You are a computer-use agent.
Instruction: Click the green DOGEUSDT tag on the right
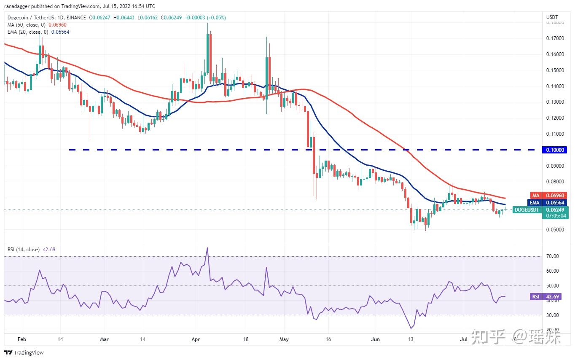click(527, 210)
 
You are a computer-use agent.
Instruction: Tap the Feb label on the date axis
click(22, 339)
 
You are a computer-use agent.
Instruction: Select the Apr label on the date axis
click(195, 339)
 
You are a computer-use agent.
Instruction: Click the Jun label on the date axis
click(376, 339)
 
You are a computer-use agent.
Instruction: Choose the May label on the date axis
click(284, 339)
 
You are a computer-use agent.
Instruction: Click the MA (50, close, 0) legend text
click(25, 25)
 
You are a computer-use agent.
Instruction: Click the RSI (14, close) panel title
click(24, 250)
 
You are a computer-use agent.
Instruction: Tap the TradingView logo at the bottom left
click(24, 352)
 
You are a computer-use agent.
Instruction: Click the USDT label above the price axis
click(552, 17)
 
